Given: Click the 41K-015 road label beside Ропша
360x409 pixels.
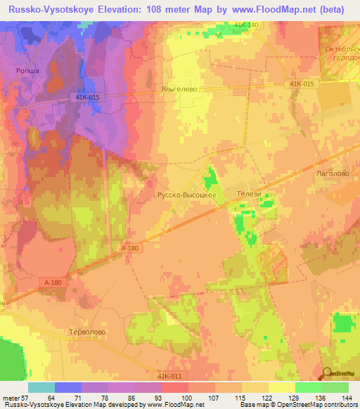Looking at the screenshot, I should click(85, 98).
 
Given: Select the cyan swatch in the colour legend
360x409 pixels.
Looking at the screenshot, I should click(41, 387).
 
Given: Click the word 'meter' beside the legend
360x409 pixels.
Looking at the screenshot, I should click(10, 397).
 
